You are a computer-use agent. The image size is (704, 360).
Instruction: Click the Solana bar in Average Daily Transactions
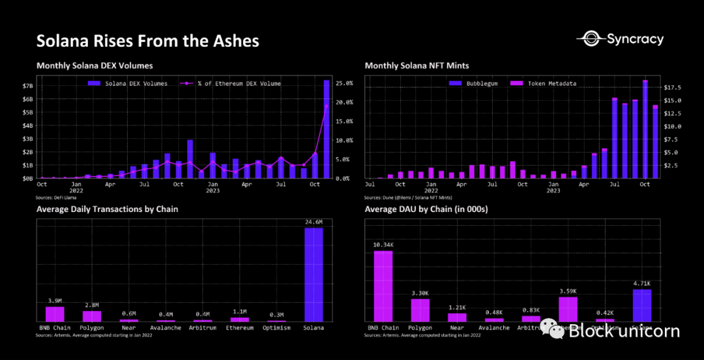(314, 274)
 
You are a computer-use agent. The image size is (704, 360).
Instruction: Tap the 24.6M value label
(314, 222)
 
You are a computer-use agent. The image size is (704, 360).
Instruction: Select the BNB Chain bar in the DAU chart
(383, 286)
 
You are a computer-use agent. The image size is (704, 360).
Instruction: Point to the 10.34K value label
(383, 245)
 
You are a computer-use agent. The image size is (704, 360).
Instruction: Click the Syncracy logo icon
(591, 39)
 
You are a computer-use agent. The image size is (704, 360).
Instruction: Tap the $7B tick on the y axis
(27, 86)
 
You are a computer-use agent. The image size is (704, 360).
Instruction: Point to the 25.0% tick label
(344, 83)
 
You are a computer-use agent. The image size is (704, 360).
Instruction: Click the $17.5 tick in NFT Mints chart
(671, 87)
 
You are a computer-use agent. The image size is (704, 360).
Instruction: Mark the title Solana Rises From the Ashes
(147, 41)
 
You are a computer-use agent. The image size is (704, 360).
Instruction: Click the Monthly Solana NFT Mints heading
(417, 66)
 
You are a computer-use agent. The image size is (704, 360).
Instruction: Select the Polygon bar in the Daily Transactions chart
(92, 316)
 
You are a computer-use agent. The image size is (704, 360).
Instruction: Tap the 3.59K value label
(568, 291)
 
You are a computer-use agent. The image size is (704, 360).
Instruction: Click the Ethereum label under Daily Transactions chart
(240, 327)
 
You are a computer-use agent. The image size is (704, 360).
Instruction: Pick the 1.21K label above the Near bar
(457, 307)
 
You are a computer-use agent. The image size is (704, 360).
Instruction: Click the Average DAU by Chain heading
(426, 209)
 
